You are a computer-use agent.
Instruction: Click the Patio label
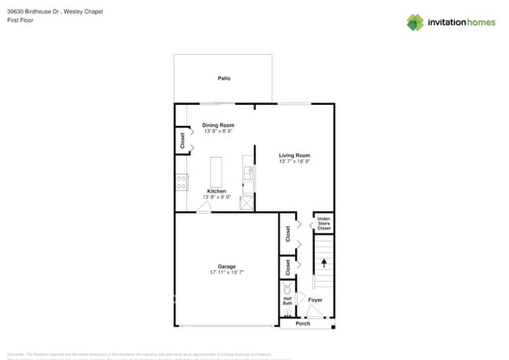[223, 78]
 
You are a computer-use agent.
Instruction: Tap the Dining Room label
[218, 125]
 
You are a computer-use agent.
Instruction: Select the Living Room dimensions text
[294, 161]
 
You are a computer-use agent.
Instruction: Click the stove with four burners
[182, 182]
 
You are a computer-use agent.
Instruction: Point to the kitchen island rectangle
[215, 171]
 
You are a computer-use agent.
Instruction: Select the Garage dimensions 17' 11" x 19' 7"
[227, 272]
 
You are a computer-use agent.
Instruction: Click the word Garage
[227, 266]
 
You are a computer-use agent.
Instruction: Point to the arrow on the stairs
[323, 263]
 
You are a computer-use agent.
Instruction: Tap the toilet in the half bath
[287, 289]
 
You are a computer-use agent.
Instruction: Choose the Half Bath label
[287, 301]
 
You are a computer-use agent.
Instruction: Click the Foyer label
[315, 300]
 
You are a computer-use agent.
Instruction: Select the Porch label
[302, 323]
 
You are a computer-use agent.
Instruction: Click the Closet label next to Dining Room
[182, 141]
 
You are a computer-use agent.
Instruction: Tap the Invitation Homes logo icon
[414, 22]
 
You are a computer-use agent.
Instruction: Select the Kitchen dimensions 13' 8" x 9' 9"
[217, 197]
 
